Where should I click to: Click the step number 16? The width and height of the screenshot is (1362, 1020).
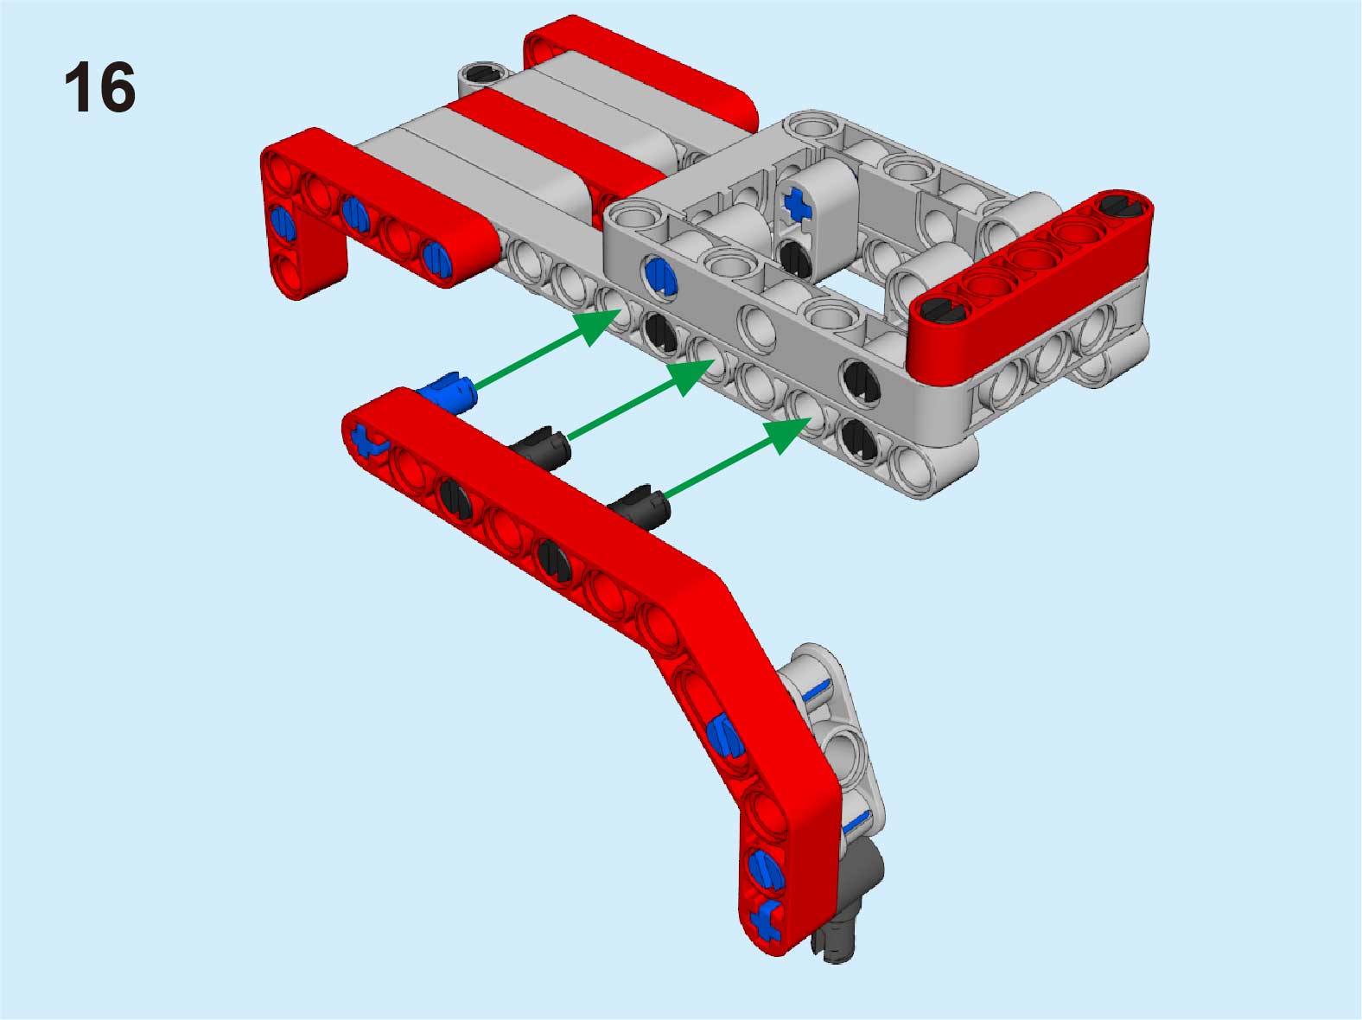(100, 86)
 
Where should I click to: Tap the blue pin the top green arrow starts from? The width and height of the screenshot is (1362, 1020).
(447, 392)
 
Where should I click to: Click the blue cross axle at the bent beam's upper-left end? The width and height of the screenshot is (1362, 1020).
(368, 440)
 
